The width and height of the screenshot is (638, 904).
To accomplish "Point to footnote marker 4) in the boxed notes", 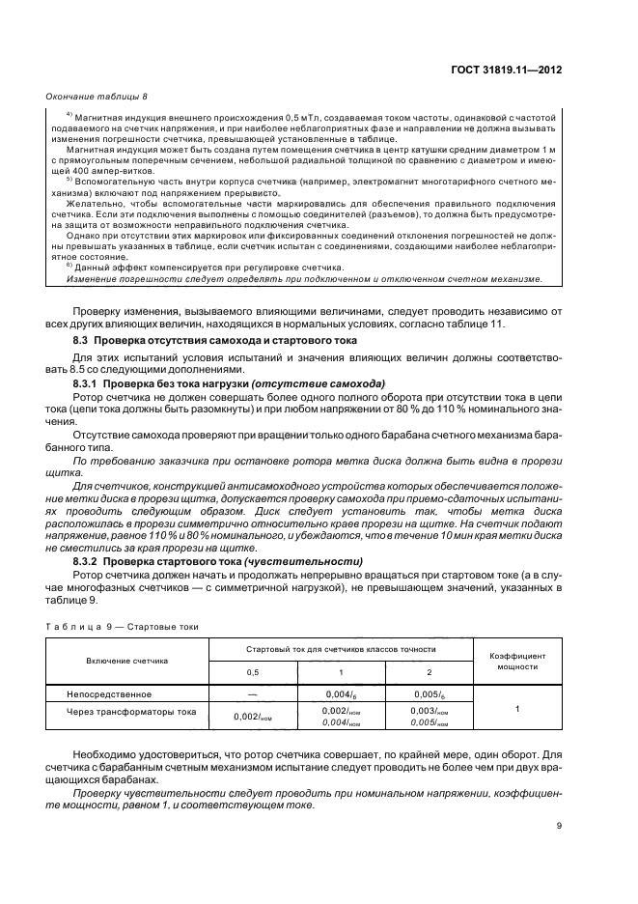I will [69, 114].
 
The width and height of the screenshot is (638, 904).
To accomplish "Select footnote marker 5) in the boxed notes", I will [69, 180].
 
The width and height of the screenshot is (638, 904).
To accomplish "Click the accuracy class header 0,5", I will [253, 672].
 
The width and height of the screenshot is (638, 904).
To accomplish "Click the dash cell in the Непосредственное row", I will [253, 693].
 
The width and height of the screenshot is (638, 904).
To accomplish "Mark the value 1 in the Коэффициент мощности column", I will [517, 709].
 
